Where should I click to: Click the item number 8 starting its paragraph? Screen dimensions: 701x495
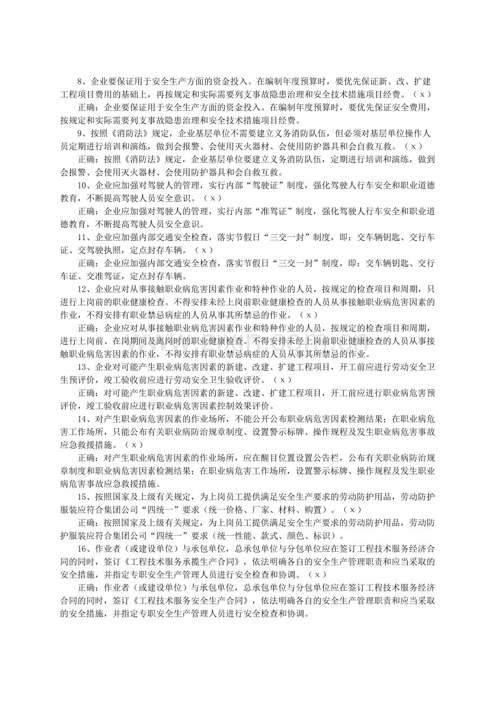(x=81, y=82)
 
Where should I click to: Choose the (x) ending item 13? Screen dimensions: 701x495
(x=282, y=379)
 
